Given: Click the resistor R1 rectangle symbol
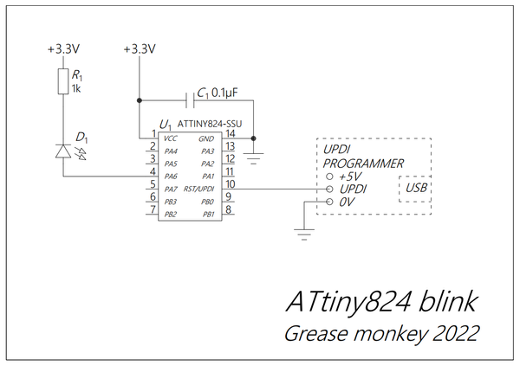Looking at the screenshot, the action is [x=63, y=81].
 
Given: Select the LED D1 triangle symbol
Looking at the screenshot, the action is [x=63, y=151].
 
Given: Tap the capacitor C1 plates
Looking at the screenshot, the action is [x=190, y=100].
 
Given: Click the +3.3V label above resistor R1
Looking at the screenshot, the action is [x=63, y=49].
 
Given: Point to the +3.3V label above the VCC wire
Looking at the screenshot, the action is [x=140, y=49].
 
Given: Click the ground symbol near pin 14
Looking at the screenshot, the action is [x=253, y=158].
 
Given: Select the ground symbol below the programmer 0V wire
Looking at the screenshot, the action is [x=304, y=234].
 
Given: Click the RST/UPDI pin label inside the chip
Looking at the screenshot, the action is [x=198, y=189].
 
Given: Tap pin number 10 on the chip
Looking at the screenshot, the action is [x=231, y=183].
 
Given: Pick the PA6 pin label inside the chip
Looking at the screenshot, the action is [x=171, y=177].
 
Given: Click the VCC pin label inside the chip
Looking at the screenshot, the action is [x=171, y=138].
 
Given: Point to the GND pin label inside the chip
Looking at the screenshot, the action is [x=206, y=138].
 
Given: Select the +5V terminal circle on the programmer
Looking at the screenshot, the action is [x=329, y=177].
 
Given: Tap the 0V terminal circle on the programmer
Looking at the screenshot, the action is [x=329, y=202].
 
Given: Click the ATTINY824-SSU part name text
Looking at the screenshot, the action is [x=210, y=124].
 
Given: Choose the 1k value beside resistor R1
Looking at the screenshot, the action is [x=76, y=88].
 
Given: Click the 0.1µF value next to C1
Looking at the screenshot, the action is [x=224, y=93].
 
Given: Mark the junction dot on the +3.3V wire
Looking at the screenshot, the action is [x=140, y=100].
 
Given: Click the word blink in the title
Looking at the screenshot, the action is [x=448, y=302].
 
